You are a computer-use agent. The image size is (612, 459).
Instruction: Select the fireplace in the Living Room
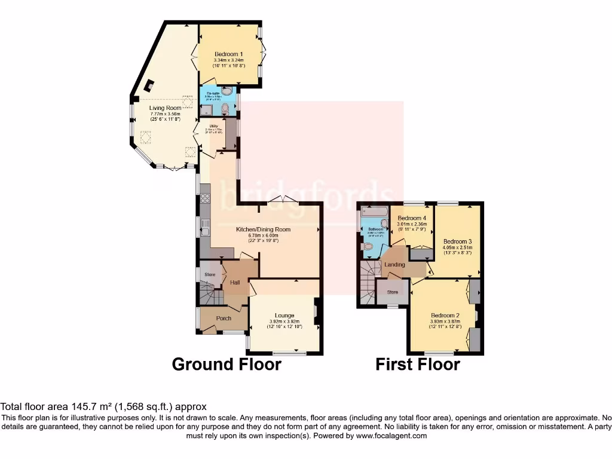[149, 85]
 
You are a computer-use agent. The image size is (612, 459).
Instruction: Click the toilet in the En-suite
[225, 109]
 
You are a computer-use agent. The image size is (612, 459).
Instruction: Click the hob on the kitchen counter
[205, 197]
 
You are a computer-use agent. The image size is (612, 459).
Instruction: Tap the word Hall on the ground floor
[235, 282]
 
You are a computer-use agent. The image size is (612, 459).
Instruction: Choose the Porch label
[224, 318]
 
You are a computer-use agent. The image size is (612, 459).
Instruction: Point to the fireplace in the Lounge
[317, 311]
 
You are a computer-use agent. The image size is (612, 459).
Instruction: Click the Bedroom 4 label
[412, 218]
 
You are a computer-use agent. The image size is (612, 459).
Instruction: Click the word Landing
[394, 265]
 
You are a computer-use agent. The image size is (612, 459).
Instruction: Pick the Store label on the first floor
[393, 292]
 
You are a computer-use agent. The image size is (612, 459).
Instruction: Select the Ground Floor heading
[227, 364]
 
